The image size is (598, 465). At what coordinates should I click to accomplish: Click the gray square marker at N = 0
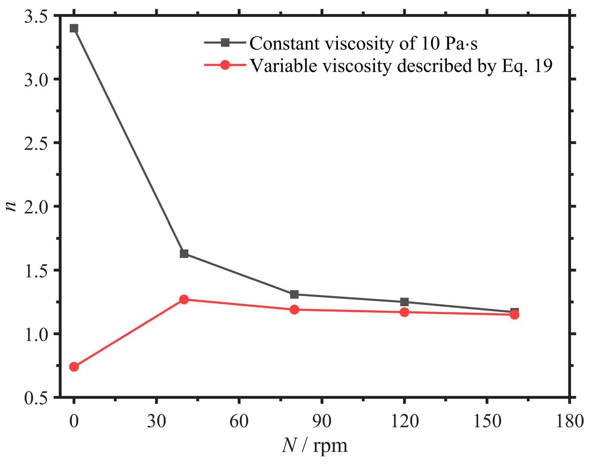coord(74,28)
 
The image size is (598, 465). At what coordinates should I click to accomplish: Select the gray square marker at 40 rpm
coord(184,253)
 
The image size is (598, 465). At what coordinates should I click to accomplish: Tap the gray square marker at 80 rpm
coord(294,294)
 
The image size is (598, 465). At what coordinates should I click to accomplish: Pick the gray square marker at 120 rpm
coord(404,302)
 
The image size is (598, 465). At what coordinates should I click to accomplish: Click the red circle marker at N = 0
coord(74,367)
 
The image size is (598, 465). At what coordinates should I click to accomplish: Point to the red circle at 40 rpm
coord(184,299)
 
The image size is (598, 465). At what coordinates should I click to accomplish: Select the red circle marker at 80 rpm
coord(294,310)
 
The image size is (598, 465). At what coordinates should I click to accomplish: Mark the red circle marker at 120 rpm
coord(404,312)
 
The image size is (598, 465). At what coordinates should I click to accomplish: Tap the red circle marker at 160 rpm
coord(514,315)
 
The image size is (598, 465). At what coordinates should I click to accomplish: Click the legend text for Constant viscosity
coord(363,44)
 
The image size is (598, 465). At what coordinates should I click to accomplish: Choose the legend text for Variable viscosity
coord(401,66)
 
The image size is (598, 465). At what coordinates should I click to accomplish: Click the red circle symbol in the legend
coord(225,65)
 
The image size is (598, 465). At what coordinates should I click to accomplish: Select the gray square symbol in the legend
coord(225,43)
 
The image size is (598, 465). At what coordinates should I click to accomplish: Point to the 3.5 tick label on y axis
coord(35,16)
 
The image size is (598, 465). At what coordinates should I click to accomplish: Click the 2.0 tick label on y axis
coord(35,207)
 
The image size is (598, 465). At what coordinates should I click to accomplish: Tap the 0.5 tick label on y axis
coord(35,398)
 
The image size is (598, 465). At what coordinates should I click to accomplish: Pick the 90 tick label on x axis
coord(322,421)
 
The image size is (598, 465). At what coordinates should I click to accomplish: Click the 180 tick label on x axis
coord(569,421)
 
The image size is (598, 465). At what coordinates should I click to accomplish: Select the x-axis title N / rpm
coord(315,446)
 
